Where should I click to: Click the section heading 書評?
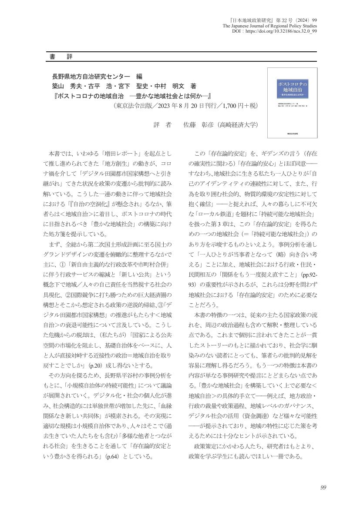(x=61, y=57)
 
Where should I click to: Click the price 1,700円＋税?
(x=238, y=105)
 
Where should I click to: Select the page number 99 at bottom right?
(x=323, y=487)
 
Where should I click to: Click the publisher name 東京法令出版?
(x=133, y=105)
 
